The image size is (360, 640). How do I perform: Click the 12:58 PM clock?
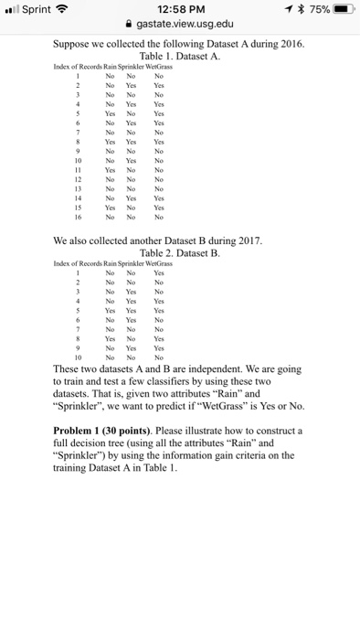[179, 10]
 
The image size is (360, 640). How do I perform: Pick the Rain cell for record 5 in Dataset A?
[110, 115]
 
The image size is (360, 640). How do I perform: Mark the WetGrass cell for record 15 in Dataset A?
[159, 209]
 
